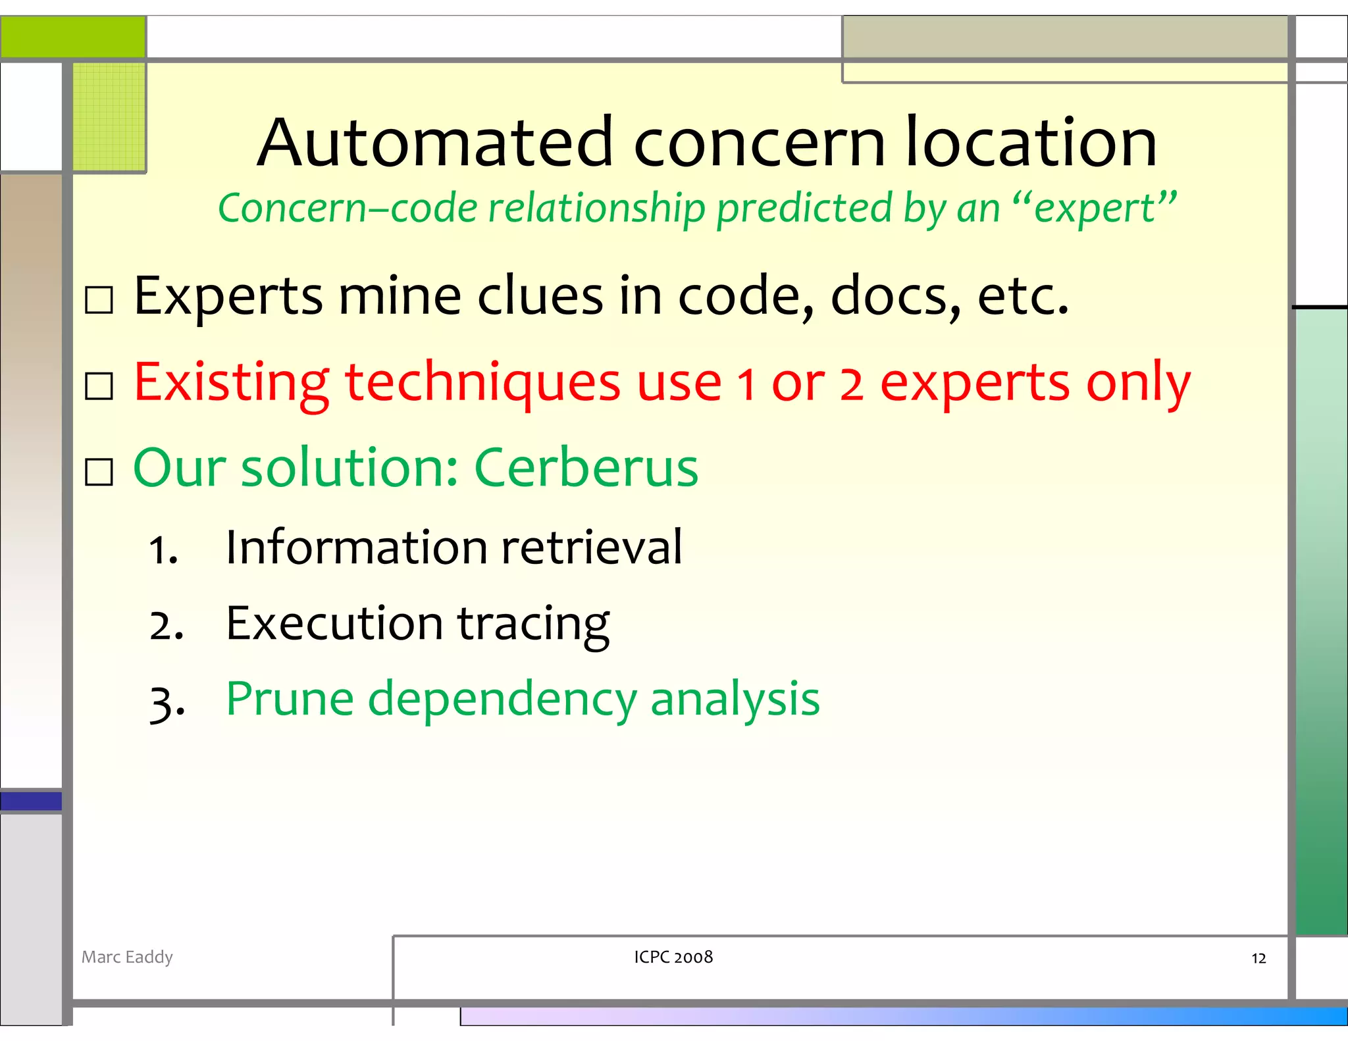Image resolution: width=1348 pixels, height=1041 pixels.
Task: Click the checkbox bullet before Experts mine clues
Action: pos(99,300)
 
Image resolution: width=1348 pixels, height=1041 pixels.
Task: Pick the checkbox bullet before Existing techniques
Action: pos(99,386)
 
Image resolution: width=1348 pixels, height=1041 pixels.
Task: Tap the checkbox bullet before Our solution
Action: pos(99,472)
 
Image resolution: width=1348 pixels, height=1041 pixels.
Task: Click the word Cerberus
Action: pos(586,468)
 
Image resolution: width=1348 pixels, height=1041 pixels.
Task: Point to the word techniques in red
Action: pos(482,383)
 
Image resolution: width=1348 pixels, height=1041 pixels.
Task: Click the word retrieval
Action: pos(591,547)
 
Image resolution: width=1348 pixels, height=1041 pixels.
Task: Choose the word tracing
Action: pos(533,624)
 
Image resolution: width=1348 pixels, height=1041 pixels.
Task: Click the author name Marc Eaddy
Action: pos(127,957)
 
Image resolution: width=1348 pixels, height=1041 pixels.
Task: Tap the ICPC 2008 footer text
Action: pos(673,957)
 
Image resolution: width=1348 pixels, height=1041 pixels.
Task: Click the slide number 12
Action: pos(1258,959)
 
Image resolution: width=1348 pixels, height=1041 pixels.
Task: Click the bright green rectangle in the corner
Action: pos(72,37)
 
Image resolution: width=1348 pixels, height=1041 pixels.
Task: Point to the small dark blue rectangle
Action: pos(31,801)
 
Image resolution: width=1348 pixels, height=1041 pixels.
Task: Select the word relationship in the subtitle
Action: pos(596,209)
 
